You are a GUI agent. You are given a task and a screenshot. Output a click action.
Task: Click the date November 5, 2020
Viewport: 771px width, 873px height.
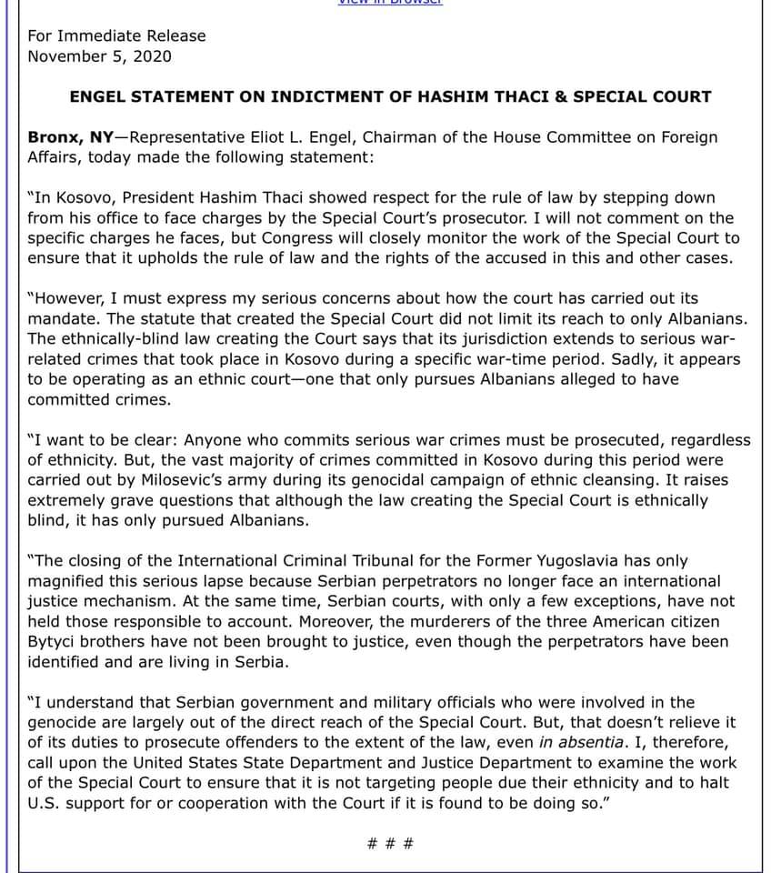pos(99,56)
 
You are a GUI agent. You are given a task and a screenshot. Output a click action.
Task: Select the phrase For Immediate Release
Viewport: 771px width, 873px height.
pos(116,36)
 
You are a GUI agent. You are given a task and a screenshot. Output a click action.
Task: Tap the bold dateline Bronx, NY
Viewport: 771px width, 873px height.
pos(70,137)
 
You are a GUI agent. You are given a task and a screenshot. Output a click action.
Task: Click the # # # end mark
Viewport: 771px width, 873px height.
pos(391,843)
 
